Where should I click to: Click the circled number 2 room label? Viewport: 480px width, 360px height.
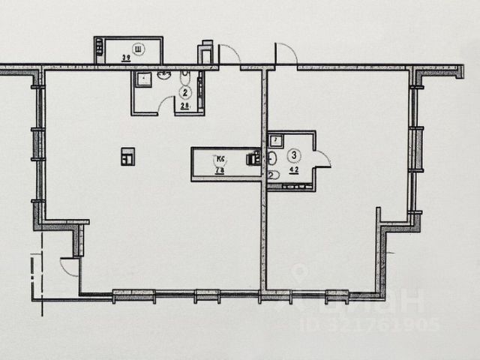pos(184,92)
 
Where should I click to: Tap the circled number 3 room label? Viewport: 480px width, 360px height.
pos(295,155)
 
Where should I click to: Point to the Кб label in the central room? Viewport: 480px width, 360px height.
pos(220,159)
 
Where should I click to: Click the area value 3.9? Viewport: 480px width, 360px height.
pos(127,57)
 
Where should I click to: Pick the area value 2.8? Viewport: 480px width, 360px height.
pos(184,106)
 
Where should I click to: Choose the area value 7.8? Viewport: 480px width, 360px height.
pos(220,170)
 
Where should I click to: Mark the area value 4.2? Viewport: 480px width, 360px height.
pos(295,169)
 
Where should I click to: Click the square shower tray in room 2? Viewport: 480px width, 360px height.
pos(142,78)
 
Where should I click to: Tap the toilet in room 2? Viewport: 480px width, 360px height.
pos(184,77)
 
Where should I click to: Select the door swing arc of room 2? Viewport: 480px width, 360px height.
pos(167,106)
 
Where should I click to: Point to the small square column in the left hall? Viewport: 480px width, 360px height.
pos(128,157)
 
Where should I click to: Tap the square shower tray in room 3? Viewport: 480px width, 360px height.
pos(275,139)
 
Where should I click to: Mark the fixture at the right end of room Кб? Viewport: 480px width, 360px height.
pos(253,158)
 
